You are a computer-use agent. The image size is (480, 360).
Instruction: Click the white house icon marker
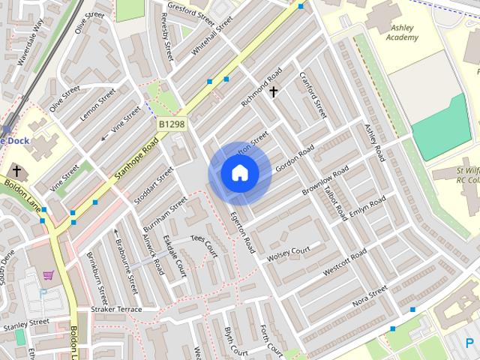point(239,173)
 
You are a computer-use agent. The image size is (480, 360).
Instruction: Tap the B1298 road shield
point(171,123)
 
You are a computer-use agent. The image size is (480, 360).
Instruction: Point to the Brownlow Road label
point(325,182)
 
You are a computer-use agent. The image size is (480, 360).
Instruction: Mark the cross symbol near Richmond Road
point(274,92)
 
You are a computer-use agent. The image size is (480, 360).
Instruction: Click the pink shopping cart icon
point(49,275)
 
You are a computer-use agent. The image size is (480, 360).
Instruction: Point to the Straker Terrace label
point(116,309)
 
